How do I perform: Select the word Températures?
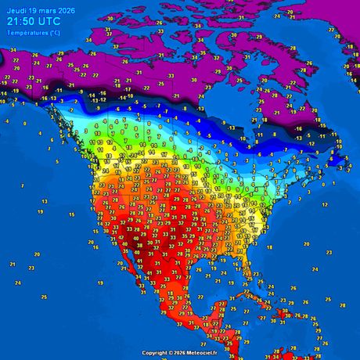click(x=27, y=33)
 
